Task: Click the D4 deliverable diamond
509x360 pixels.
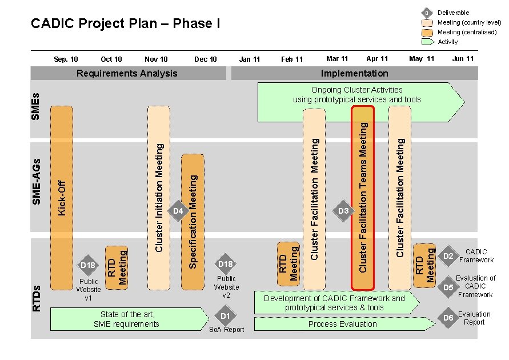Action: click(178, 211)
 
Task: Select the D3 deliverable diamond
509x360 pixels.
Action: click(343, 211)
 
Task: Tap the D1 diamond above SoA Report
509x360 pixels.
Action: click(225, 316)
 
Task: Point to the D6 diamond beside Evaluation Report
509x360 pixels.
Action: click(448, 318)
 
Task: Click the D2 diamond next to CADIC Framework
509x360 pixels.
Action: click(448, 256)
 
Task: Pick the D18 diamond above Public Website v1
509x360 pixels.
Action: click(88, 265)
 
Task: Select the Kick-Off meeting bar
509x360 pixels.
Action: click(62, 197)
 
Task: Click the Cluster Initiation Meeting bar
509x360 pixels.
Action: click(159, 197)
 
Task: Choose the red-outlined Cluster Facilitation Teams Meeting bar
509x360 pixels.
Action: click(363, 197)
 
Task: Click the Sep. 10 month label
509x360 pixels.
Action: click(66, 59)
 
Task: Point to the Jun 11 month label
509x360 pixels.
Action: click(463, 59)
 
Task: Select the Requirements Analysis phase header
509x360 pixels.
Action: click(127, 73)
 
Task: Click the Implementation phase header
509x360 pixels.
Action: click(354, 73)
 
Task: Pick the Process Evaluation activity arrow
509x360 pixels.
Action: click(343, 324)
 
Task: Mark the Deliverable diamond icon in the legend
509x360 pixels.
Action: click(426, 13)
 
